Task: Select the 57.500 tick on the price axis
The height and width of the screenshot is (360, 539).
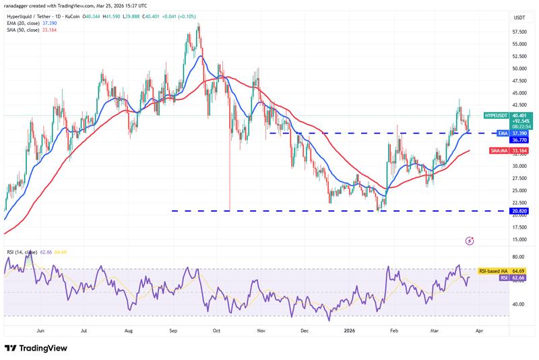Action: (519, 32)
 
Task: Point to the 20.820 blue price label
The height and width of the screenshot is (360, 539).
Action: (519, 211)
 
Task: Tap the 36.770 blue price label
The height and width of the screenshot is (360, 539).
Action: (519, 140)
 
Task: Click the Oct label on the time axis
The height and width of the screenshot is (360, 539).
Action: (217, 332)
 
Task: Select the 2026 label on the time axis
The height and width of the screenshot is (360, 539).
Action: (350, 332)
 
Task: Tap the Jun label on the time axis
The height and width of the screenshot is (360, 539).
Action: (41, 332)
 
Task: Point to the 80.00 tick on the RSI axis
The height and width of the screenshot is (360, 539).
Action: (519, 257)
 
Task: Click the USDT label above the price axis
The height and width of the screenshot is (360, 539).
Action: (519, 18)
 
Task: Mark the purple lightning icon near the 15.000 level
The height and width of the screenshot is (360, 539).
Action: (470, 241)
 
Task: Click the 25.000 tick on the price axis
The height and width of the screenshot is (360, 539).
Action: (519, 190)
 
